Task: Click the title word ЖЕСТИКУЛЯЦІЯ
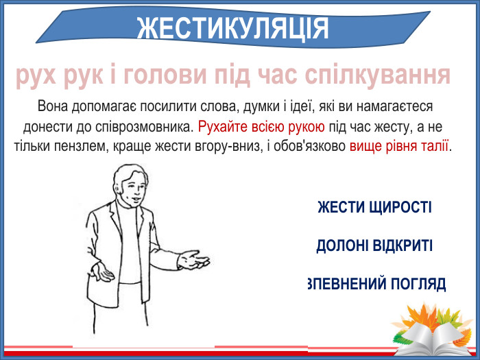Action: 233,28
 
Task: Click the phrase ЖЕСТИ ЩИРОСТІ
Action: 374,206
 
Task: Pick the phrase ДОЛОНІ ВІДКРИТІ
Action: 374,245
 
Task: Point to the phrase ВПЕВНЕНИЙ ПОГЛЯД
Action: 376,283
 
